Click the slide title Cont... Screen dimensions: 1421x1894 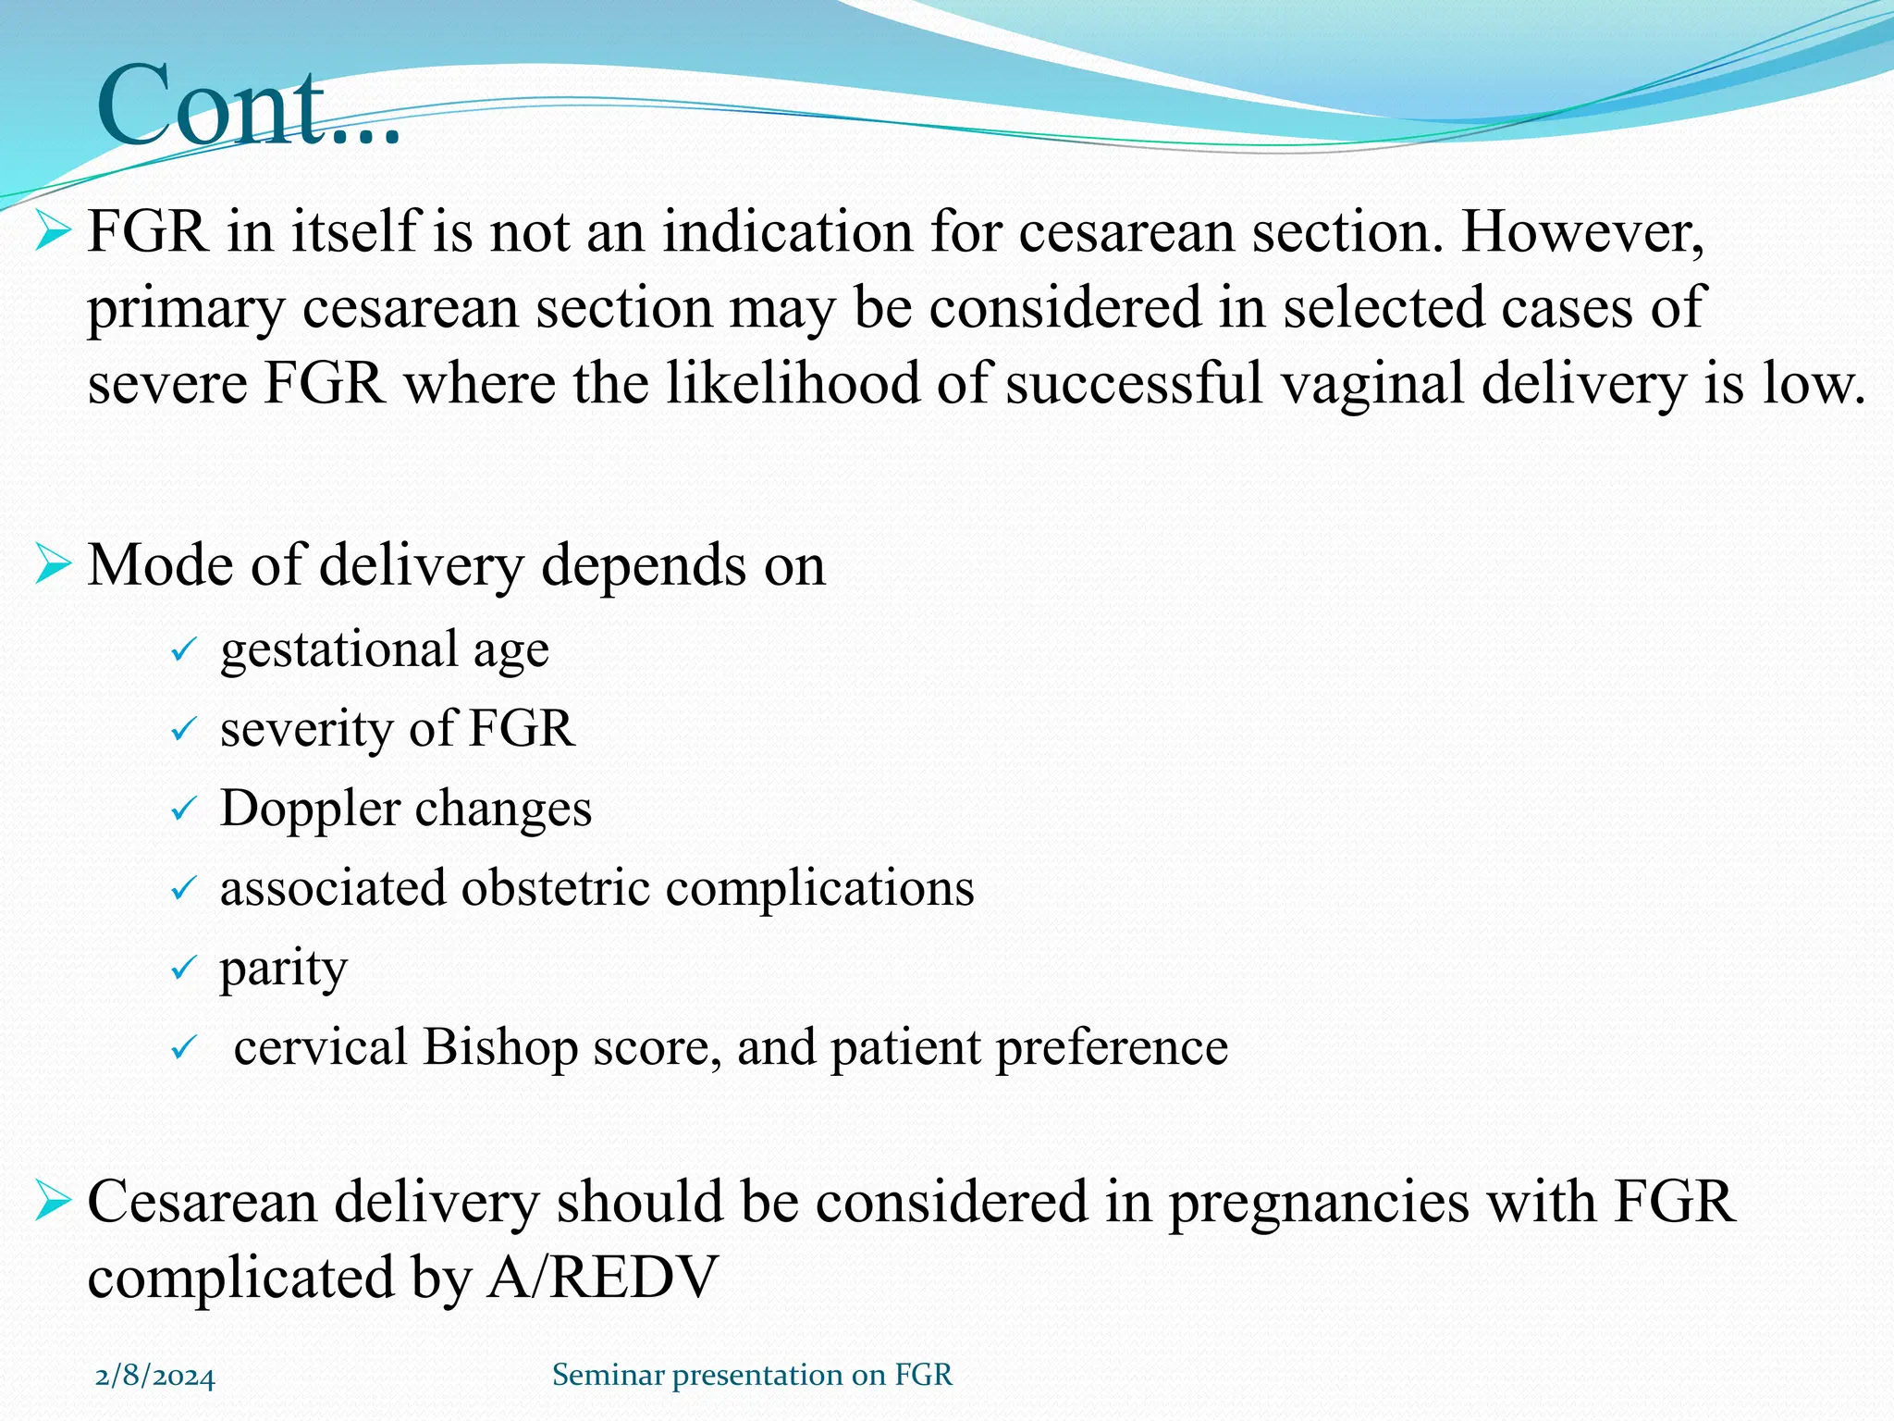[248, 105]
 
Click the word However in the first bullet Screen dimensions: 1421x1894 [1582, 231]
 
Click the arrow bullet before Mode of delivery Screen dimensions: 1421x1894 [53, 565]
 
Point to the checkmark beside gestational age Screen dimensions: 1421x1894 [183, 650]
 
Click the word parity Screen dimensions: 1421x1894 [283, 970]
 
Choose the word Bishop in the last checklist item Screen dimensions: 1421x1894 [500, 1047]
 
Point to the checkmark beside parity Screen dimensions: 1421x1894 [183, 970]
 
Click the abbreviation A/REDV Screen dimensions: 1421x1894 [602, 1278]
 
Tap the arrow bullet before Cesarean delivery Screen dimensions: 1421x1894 [53, 1202]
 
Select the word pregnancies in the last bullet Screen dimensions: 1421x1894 [1317, 1203]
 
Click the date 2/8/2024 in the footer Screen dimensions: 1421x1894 [154, 1377]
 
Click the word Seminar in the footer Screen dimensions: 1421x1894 [608, 1375]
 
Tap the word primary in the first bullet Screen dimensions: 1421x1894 [185, 309]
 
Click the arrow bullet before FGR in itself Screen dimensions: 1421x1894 [53, 231]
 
